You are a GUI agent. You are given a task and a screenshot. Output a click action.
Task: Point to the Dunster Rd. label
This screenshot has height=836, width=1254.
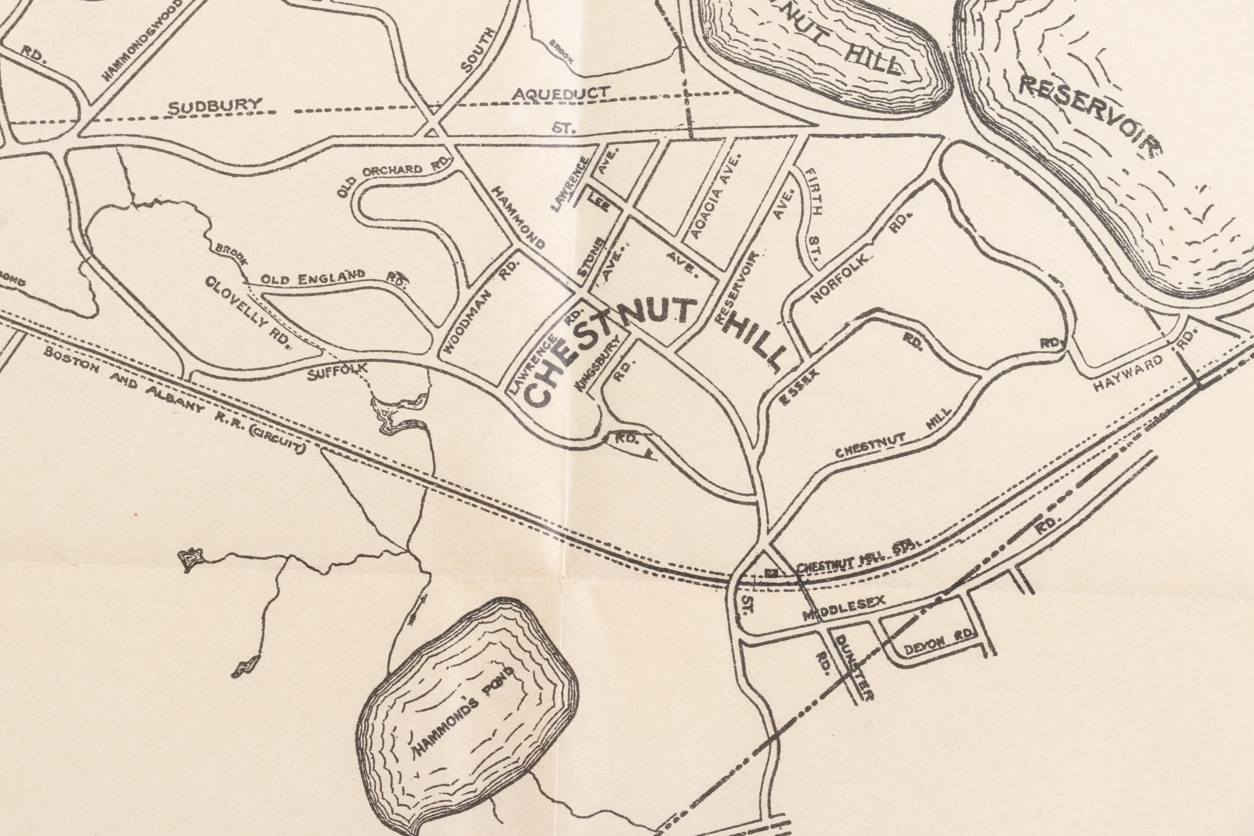pos(853,666)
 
